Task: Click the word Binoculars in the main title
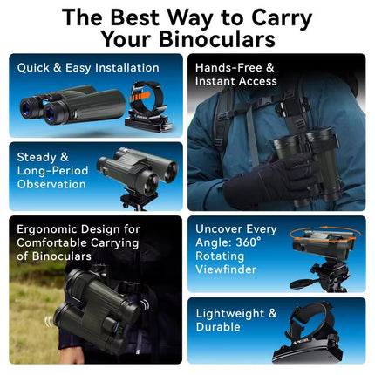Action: pos(217,39)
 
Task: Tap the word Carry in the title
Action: pos(282,18)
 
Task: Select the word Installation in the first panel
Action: pos(127,68)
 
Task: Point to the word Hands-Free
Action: pos(228,68)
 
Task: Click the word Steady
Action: pos(37,157)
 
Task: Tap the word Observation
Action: pos(51,184)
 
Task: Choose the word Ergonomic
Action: pos(45,229)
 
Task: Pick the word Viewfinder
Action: pos(226,269)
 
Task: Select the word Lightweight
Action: pos(230,314)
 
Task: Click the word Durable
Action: pos(218,327)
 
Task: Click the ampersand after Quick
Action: pos(58,68)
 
